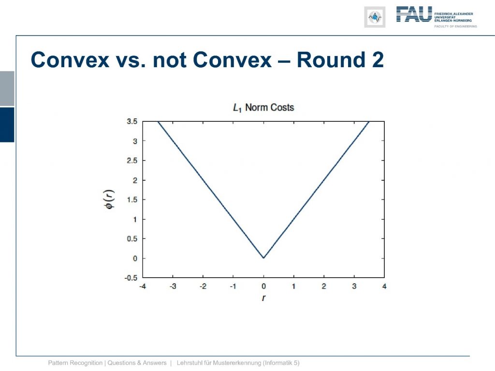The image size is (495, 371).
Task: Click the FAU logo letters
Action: coord(414,14)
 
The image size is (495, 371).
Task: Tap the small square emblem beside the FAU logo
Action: coord(375,17)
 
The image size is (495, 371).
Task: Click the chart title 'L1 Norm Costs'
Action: coord(263,108)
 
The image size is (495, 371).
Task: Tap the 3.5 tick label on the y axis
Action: coord(132,121)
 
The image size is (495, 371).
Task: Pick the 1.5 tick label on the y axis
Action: coord(132,200)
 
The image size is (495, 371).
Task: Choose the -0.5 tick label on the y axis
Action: coord(131,278)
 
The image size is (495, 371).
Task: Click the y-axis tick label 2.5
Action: coord(132,160)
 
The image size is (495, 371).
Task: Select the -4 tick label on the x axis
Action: coord(143,286)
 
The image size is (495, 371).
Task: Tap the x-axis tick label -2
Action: coord(203,286)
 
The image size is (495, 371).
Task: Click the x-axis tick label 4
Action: coord(384,286)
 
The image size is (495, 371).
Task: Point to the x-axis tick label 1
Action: coord(293,286)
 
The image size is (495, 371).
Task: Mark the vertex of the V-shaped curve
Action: coord(263,258)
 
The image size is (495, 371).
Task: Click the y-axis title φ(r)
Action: coord(110,200)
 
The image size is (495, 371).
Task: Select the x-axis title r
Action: coord(263,298)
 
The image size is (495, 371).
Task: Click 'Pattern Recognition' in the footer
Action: coord(75,363)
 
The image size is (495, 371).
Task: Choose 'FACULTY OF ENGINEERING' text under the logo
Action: coord(455,27)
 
